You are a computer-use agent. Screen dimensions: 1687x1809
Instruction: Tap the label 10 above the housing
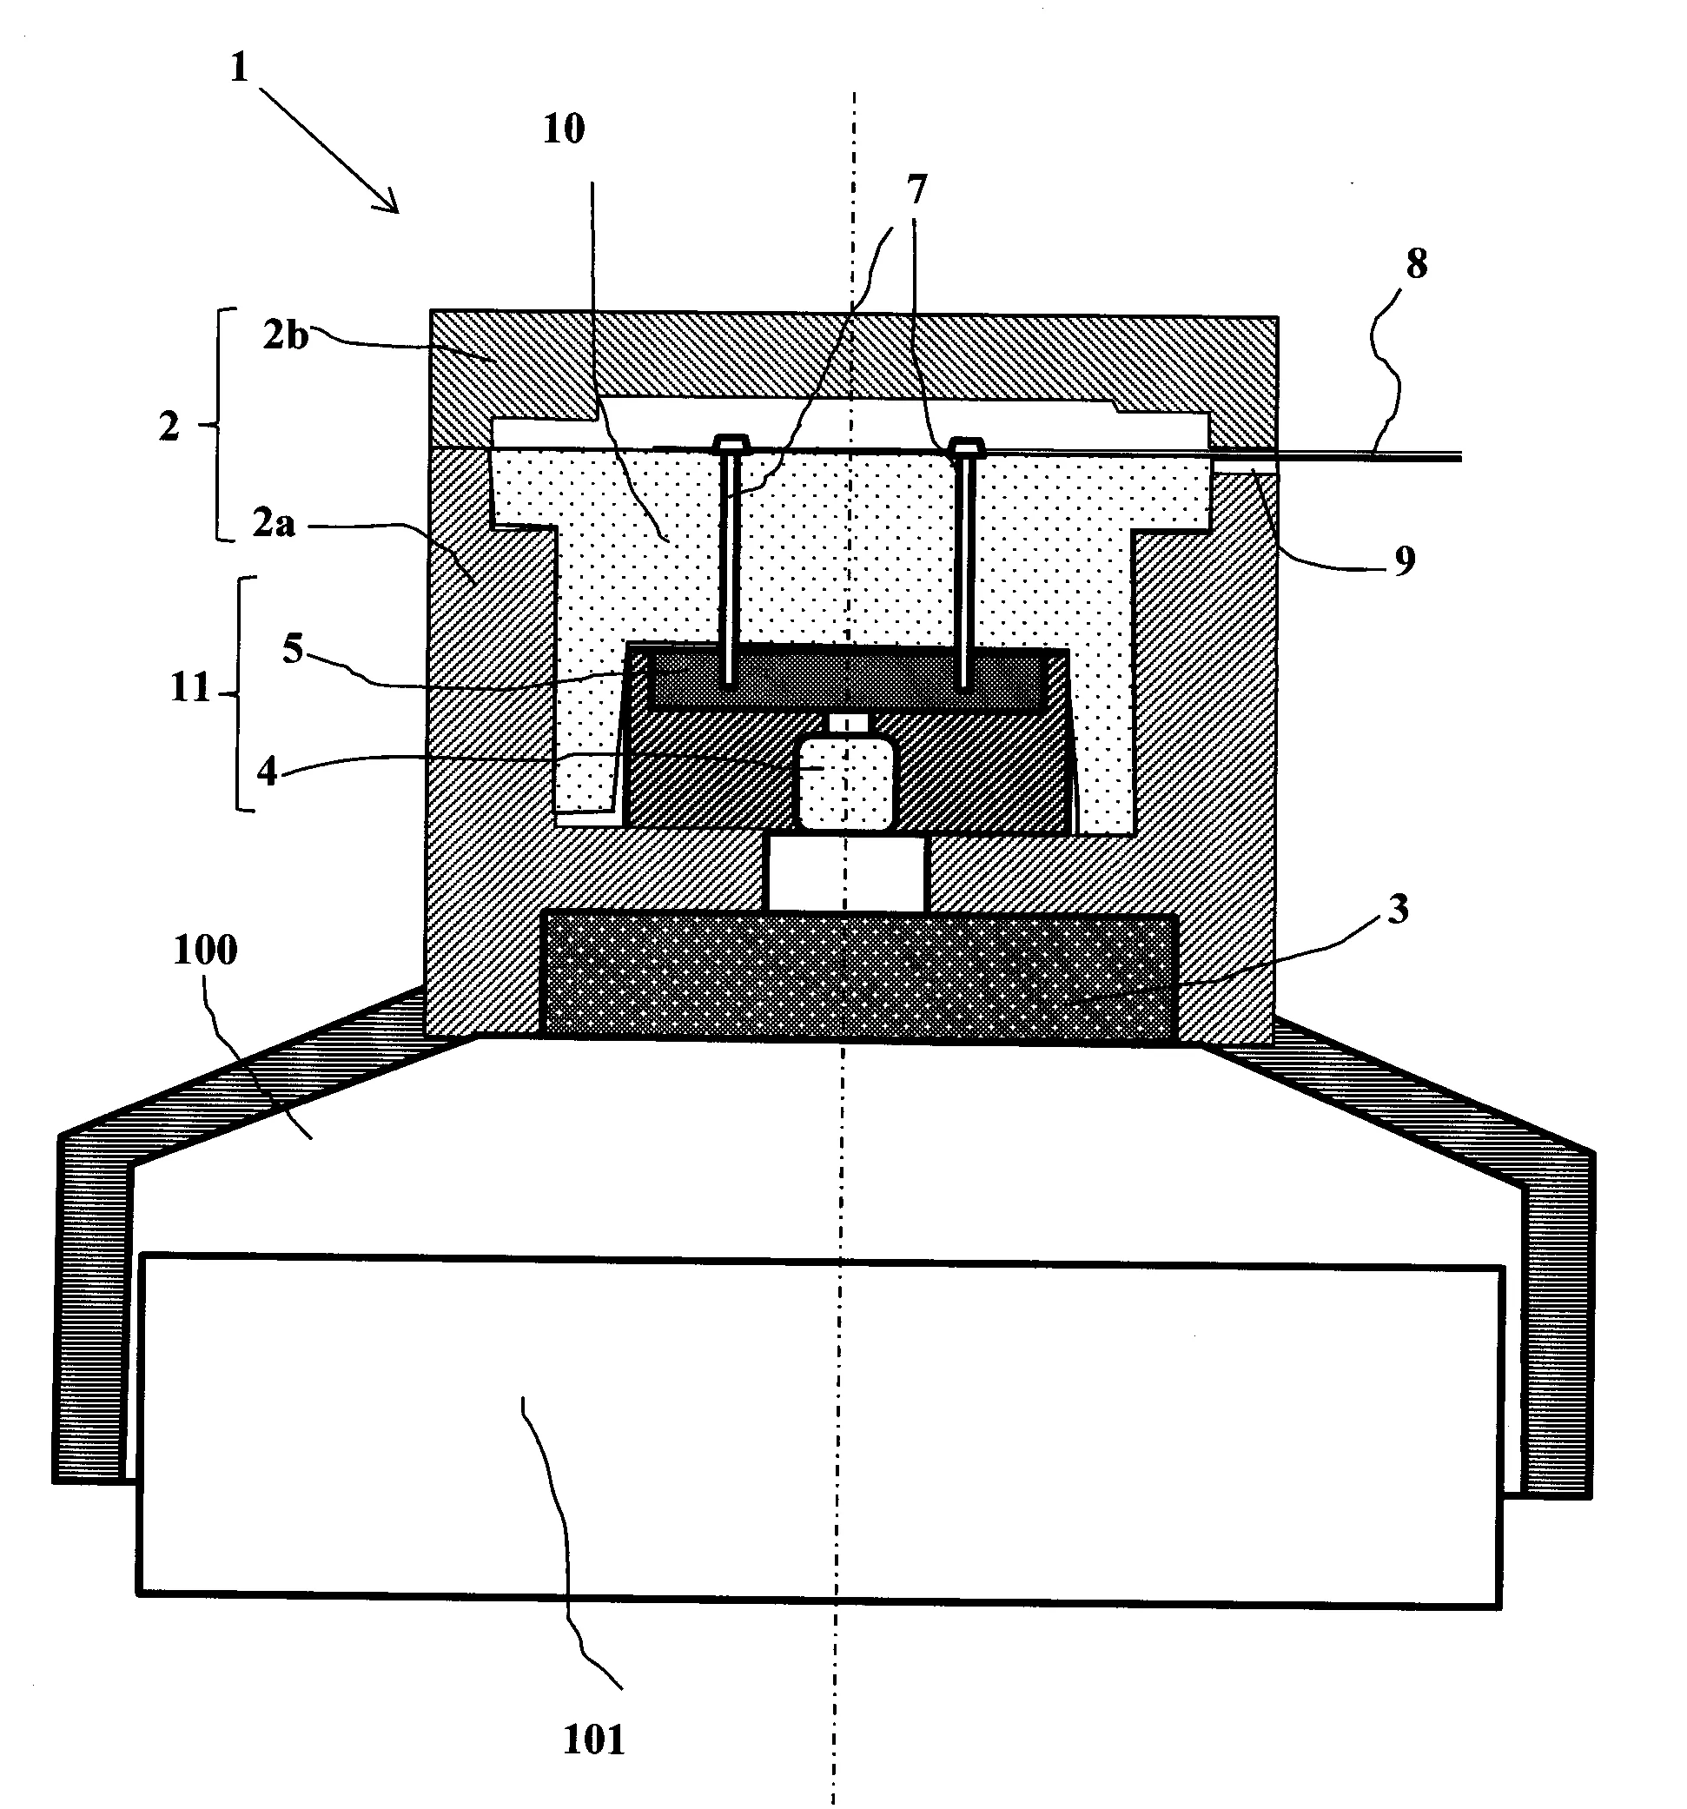point(563,129)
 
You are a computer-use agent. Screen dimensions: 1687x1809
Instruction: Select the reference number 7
point(916,189)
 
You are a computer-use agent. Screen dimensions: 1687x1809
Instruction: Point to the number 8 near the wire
point(1416,264)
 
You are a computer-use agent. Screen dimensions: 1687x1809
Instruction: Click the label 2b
point(286,335)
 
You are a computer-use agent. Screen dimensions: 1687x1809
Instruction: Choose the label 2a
point(274,522)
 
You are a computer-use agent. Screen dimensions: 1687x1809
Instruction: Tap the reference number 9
point(1405,560)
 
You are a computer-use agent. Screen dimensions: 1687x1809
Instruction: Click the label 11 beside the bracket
point(190,687)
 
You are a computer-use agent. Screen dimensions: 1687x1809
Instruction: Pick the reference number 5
point(292,650)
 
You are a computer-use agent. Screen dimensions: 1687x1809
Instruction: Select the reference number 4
point(267,771)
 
